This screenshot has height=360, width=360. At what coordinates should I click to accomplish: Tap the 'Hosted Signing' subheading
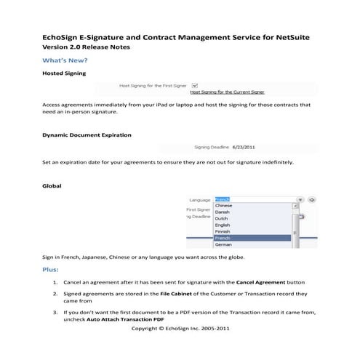[x=65, y=73]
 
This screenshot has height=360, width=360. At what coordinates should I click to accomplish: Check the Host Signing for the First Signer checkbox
[x=196, y=85]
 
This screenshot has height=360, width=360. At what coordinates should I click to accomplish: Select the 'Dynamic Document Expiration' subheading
[x=87, y=135]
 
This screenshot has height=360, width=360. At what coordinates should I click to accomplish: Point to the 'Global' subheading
[x=52, y=186]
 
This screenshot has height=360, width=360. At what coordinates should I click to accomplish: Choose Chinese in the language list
[x=224, y=206]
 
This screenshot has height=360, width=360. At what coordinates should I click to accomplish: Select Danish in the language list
[x=223, y=212]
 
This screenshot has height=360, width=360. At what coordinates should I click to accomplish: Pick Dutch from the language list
[x=222, y=218]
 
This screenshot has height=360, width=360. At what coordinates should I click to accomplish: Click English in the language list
[x=223, y=225]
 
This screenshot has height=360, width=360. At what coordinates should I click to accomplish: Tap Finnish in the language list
[x=223, y=231]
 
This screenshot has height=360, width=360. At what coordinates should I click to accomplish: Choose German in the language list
[x=223, y=244]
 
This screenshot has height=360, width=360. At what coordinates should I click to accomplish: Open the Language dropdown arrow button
[x=300, y=199]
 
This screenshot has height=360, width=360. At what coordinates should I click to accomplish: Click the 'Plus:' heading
[x=52, y=270]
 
